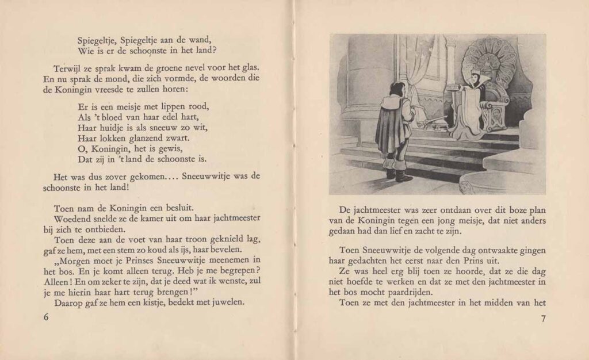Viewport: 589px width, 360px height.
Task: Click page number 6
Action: pos(46,318)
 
